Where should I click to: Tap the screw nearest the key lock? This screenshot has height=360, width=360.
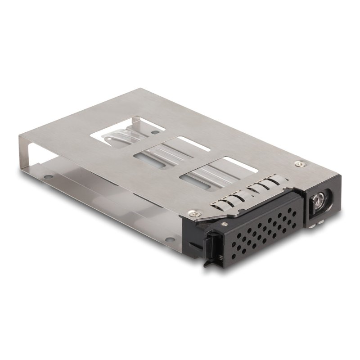pyautogui.click(x=297, y=163)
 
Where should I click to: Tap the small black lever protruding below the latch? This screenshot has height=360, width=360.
pyautogui.click(x=208, y=263)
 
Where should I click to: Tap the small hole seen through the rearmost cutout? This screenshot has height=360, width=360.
pyautogui.click(x=156, y=133)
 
